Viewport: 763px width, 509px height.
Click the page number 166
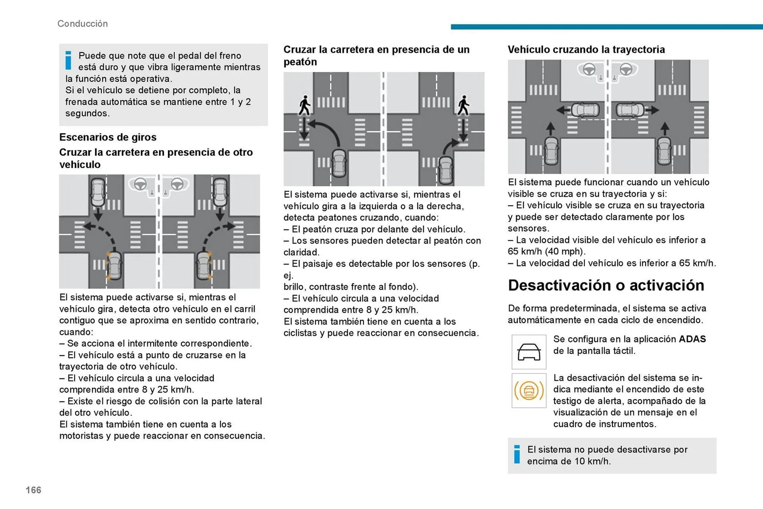[33, 490]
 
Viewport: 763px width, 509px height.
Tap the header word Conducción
[83, 24]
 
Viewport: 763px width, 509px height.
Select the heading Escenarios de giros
[108, 137]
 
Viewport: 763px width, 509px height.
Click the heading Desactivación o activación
[606, 285]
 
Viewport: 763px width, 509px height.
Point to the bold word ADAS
[692, 339]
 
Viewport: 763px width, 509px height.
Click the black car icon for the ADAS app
[529, 352]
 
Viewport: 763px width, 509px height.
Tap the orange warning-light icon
[529, 390]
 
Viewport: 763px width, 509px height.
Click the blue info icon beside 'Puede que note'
[68, 60]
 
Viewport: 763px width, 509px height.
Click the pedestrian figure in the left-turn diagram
[305, 105]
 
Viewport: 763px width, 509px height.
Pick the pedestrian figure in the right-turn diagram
[463, 105]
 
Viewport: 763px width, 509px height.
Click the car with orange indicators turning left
[114, 265]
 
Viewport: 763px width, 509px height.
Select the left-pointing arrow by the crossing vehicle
[563, 110]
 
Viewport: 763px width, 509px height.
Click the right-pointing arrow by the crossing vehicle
[652, 110]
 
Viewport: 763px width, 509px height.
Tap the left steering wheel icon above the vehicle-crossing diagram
[589, 70]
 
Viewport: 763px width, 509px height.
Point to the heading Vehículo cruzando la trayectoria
[586, 50]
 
